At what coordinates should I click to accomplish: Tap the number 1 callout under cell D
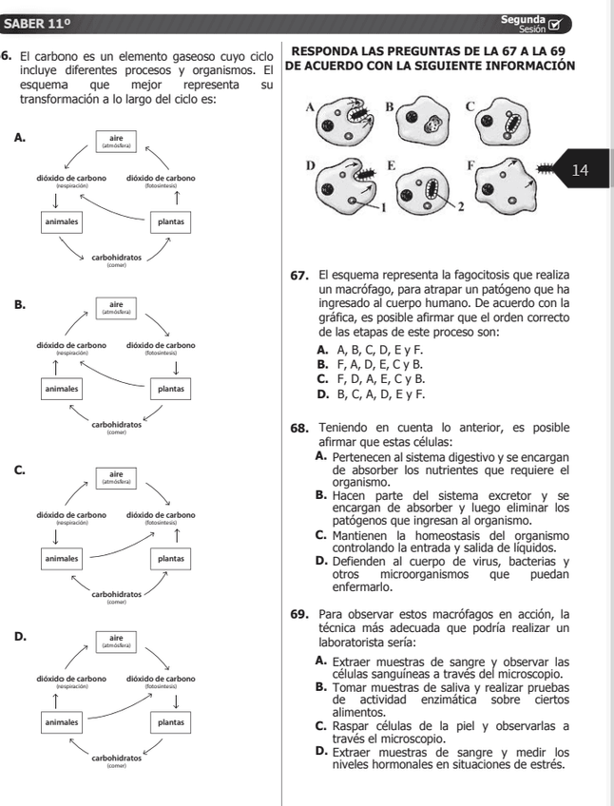click(384, 205)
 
